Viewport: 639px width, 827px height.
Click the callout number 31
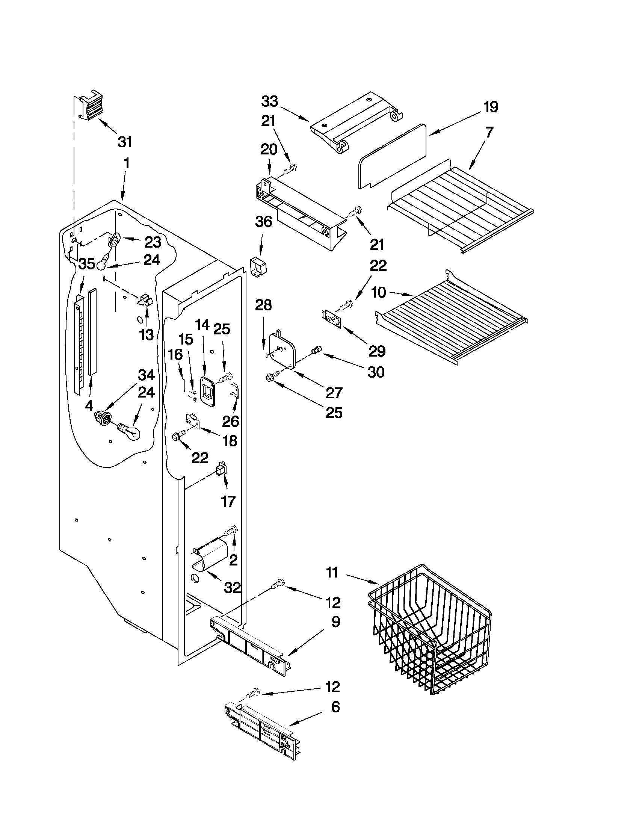(125, 142)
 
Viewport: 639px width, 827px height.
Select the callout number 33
(269, 101)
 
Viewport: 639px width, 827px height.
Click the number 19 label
(491, 107)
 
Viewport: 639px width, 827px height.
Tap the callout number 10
(379, 292)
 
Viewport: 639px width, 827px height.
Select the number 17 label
(228, 502)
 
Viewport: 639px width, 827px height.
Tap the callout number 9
(336, 622)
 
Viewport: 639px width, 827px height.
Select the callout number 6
(335, 707)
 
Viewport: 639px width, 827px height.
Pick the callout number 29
(377, 351)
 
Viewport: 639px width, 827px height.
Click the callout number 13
(147, 334)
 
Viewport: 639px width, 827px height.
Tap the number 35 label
(87, 264)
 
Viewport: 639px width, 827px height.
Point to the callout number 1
(127, 163)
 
